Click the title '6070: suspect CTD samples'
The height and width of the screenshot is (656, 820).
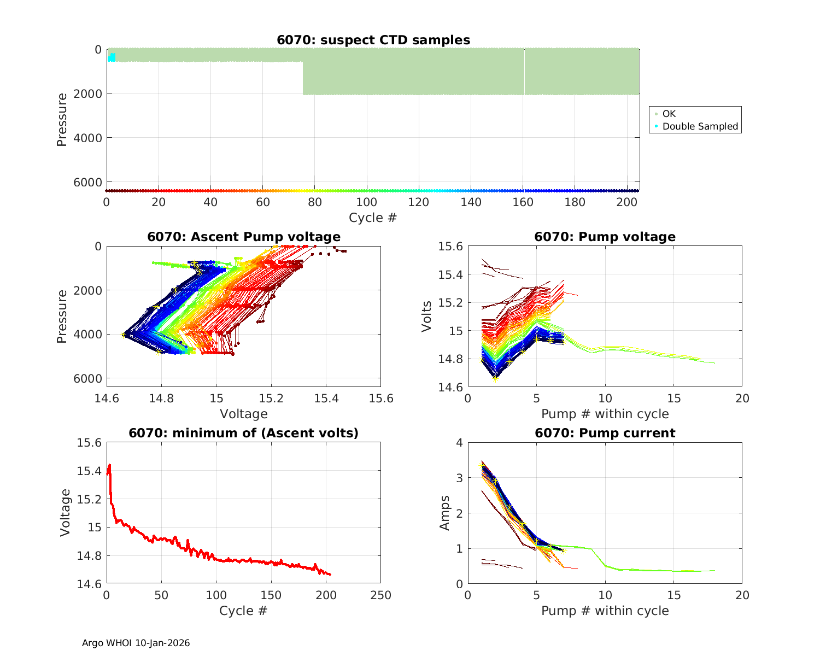tap(373, 40)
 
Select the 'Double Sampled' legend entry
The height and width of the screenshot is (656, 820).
tap(700, 126)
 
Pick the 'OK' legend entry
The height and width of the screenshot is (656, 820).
tap(669, 114)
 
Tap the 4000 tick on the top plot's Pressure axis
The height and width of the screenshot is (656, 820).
tap(91, 138)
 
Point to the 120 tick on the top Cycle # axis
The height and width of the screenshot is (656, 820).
tap(419, 202)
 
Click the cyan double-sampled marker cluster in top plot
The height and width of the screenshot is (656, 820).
tap(112, 57)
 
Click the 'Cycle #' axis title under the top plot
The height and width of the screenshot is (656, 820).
tap(373, 218)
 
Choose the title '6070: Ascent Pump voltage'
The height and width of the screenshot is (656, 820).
tap(243, 237)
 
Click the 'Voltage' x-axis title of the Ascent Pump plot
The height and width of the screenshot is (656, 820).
tap(243, 414)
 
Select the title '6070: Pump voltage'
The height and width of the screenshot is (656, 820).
tap(605, 237)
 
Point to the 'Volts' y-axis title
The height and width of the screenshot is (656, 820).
tap(427, 317)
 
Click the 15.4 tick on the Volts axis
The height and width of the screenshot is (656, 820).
tap(451, 274)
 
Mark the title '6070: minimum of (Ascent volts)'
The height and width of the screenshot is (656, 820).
tap(243, 433)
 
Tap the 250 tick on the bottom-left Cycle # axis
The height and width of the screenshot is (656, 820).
tap(380, 595)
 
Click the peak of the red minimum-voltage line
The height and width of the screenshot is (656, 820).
tap(110, 465)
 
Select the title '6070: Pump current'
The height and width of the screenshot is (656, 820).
tap(605, 433)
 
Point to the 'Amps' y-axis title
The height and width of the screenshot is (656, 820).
tap(445, 513)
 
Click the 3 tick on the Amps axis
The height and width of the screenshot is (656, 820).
tap(460, 478)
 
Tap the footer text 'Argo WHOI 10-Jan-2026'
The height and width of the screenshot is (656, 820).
tap(136, 643)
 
